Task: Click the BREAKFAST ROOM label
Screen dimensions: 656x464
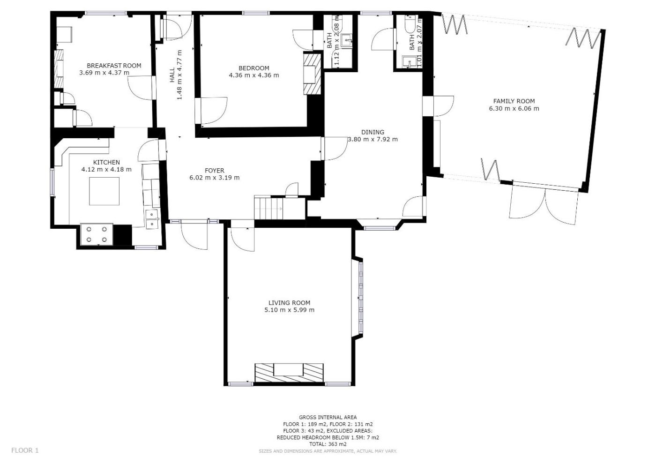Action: [x=114, y=66]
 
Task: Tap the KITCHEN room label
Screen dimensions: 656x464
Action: [x=106, y=162]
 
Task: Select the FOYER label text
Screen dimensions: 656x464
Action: [x=215, y=171]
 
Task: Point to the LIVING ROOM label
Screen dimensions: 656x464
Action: [x=290, y=303]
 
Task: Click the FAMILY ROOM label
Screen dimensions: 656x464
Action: [x=514, y=101]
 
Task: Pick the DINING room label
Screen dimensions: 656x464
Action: [x=373, y=132]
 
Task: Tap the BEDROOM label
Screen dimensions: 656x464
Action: [x=253, y=68]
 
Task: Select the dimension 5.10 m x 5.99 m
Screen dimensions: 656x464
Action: [x=290, y=310]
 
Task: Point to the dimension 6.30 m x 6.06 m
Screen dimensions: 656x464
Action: [x=514, y=109]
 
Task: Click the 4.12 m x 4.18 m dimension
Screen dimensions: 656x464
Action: [x=106, y=169]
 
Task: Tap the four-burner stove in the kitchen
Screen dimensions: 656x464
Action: [x=97, y=234]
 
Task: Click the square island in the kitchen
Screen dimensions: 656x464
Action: [x=104, y=191]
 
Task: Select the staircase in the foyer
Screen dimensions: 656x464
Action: [x=268, y=208]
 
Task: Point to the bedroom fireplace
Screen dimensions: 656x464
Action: [x=313, y=73]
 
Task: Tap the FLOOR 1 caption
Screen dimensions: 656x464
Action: [x=25, y=450]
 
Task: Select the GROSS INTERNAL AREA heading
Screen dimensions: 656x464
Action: [x=328, y=418]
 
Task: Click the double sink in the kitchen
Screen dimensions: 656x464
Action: [x=152, y=219]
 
